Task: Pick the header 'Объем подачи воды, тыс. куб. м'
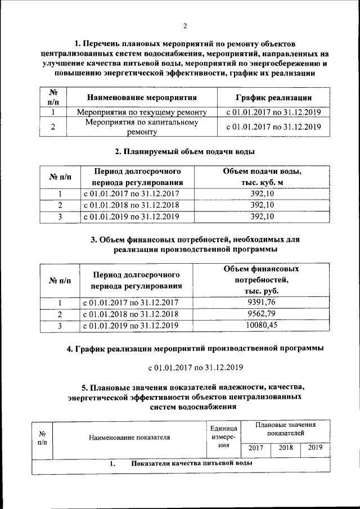point(262,177)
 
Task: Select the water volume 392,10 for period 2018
point(262,205)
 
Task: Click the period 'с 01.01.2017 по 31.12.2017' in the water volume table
point(131,194)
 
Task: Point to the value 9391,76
point(262,303)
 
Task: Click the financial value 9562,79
point(262,314)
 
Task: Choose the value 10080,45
point(262,325)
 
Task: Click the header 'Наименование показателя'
point(128,436)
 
